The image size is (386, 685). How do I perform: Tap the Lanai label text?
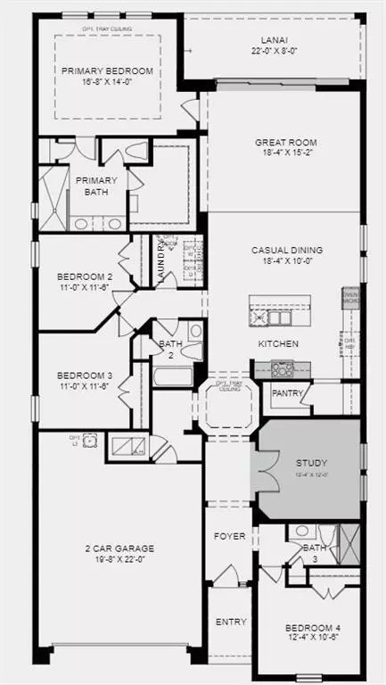click(274, 40)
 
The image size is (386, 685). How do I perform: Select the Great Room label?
click(285, 142)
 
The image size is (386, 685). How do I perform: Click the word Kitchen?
click(278, 343)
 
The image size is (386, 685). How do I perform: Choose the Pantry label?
click(287, 393)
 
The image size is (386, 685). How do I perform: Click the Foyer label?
click(231, 538)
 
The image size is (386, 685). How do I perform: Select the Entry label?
click(231, 622)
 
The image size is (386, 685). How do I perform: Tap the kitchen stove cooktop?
click(284, 367)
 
